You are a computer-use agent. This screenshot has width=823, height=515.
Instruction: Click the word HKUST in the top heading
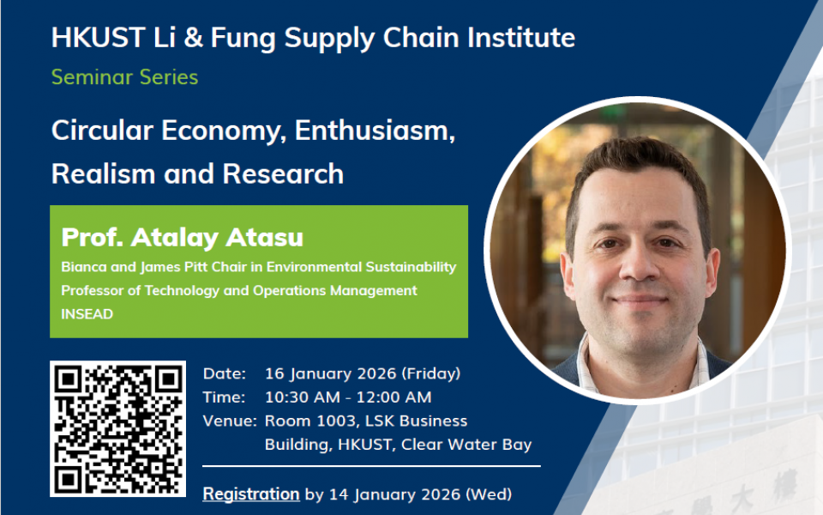[x=98, y=38]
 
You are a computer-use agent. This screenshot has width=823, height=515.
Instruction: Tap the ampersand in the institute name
[x=193, y=38]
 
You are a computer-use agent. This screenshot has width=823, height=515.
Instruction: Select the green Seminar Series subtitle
[x=125, y=77]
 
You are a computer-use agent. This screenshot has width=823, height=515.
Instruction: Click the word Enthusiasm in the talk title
[x=375, y=130]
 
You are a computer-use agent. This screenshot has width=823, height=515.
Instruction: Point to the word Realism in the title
[x=104, y=174]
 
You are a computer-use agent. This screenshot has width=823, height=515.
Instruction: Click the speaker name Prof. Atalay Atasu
[x=182, y=237]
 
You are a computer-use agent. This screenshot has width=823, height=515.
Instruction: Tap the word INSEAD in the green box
[x=87, y=314]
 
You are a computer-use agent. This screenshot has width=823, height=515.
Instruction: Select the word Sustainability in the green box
[x=411, y=267]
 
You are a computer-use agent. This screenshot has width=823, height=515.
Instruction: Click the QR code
[x=118, y=429]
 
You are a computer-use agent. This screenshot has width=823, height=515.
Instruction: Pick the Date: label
[x=225, y=373]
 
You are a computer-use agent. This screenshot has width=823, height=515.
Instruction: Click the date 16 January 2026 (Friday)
[x=363, y=373]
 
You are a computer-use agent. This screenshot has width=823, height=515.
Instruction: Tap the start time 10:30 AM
[x=303, y=397]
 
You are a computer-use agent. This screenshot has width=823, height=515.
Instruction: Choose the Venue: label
[x=230, y=421]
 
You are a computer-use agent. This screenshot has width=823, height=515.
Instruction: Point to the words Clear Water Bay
[x=466, y=445]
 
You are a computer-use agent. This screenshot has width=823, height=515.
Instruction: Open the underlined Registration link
[x=251, y=494]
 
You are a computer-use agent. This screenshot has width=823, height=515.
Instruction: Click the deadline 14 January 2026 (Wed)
[x=420, y=494]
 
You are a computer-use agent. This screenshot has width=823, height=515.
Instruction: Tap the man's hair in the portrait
[x=638, y=161]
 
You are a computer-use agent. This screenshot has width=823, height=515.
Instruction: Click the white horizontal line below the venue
[x=371, y=466]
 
